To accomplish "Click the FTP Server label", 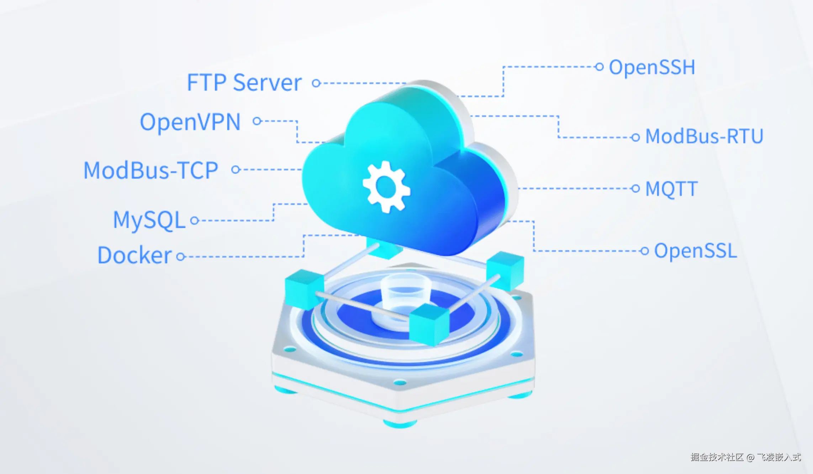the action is pos(244,83).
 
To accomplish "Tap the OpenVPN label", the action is pos(190,122).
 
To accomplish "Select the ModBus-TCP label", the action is pos(151,170).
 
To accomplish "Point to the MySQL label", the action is pos(149,220).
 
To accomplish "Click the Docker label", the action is pos(134,255).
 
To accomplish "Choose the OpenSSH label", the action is pos(652,67).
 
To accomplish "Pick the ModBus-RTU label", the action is pos(704,136).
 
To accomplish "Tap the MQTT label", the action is pos(671,189).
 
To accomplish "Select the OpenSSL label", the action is pos(695,251).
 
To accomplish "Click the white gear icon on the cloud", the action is pos(386,187).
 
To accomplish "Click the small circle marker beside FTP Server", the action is pos(316,83).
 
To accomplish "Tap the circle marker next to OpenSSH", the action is pos(599,67).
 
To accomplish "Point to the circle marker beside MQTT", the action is pos(635,188).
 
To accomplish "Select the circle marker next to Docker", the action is pos(181,256).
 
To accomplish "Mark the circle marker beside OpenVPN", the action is pos(257,121).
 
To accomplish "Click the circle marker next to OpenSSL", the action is pos(644,251).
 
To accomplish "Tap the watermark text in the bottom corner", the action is pos(746,457).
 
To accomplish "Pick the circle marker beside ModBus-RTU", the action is pos(635,137).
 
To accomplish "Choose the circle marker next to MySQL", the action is pos(194,221).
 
